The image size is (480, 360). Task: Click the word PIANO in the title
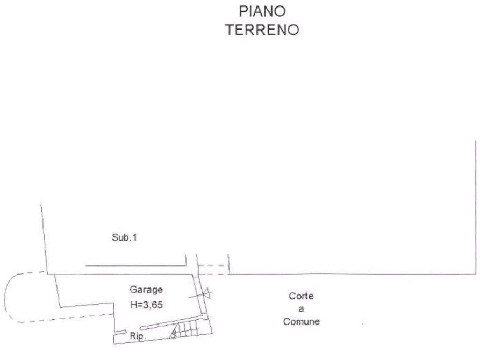(x=262, y=12)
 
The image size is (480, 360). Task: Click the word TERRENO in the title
(x=262, y=30)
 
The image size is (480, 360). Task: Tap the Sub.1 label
(x=124, y=237)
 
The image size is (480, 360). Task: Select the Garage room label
(x=146, y=290)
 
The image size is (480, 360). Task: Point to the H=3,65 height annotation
(x=146, y=305)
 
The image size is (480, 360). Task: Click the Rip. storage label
(x=138, y=336)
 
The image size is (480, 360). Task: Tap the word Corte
(x=301, y=296)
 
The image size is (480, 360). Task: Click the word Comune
(x=301, y=321)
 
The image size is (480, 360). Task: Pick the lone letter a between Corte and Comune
(x=301, y=309)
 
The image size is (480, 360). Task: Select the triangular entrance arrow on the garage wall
(x=207, y=293)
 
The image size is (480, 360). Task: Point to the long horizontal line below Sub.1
(x=135, y=266)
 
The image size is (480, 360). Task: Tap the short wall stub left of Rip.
(x=120, y=332)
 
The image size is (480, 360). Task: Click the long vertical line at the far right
(x=475, y=207)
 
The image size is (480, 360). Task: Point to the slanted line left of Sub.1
(x=45, y=239)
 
